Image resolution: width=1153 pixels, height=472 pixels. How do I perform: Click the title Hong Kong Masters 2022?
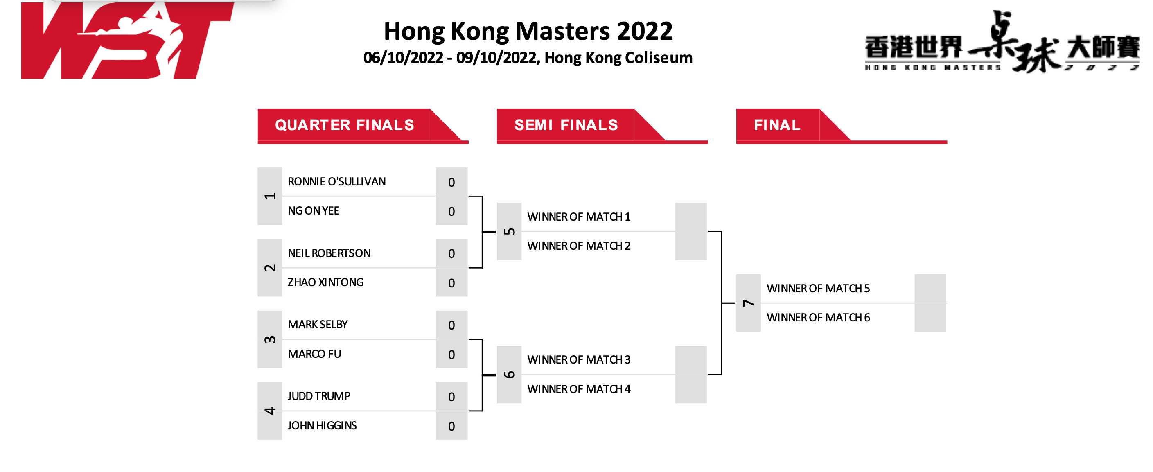click(528, 32)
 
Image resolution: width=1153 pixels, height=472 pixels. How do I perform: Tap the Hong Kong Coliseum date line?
click(528, 58)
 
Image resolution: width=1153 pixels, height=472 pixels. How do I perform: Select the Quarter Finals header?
click(345, 125)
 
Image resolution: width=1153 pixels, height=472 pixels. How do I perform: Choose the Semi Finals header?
click(566, 125)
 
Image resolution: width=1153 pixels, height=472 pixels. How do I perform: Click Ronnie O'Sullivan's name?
click(336, 182)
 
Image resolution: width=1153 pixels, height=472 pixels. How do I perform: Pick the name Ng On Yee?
click(313, 211)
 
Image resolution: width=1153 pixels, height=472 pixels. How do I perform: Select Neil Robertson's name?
click(329, 253)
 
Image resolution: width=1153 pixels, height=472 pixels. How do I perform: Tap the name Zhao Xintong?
click(325, 282)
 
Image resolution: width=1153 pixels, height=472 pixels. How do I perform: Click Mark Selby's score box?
click(451, 325)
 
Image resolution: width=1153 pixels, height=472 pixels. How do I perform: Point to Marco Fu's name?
click(314, 354)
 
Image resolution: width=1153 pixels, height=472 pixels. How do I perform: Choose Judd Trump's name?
click(319, 396)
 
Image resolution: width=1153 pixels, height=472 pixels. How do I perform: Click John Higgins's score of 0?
click(451, 426)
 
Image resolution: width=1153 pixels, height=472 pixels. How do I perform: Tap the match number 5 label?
click(509, 232)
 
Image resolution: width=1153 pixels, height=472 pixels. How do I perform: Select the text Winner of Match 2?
click(579, 246)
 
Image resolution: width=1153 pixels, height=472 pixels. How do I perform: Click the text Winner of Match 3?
click(579, 359)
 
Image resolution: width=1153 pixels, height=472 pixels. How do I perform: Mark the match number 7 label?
click(748, 303)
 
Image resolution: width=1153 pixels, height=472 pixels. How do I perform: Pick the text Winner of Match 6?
click(818, 318)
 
